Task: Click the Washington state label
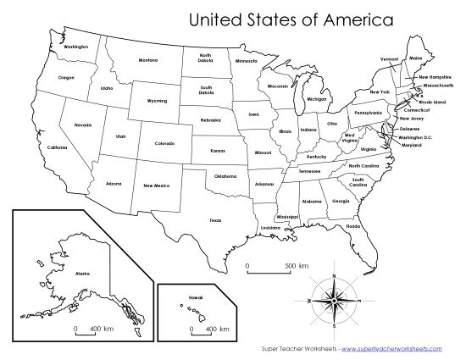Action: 75,47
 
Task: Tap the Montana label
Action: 148,60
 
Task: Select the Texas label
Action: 215,219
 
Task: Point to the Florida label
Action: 352,226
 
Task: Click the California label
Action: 57,147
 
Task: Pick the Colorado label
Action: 164,143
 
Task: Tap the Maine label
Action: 414,58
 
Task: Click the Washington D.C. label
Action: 416,136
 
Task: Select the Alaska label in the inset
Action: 81,274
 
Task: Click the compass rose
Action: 334,300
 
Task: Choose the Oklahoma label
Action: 225,176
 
